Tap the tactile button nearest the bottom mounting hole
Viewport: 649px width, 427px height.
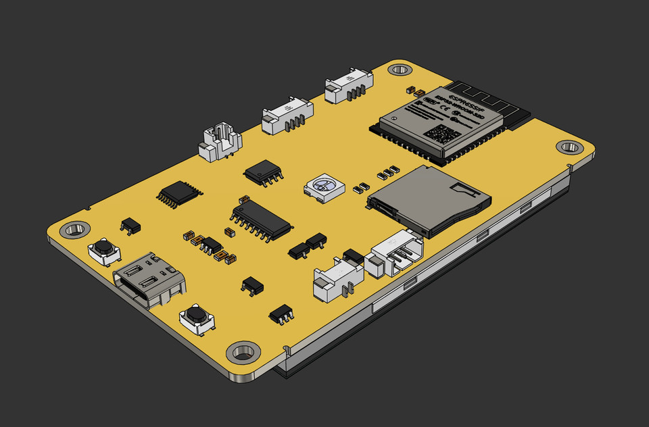click(197, 317)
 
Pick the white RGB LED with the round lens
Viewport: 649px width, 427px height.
click(324, 186)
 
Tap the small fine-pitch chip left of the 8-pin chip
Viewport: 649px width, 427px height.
click(178, 193)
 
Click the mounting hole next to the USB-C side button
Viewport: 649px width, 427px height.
click(74, 230)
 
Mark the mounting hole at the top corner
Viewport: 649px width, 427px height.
click(400, 69)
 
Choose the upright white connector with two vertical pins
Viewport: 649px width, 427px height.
click(220, 144)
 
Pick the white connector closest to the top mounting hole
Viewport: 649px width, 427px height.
click(349, 87)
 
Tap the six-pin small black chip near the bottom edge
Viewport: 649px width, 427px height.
click(281, 313)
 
